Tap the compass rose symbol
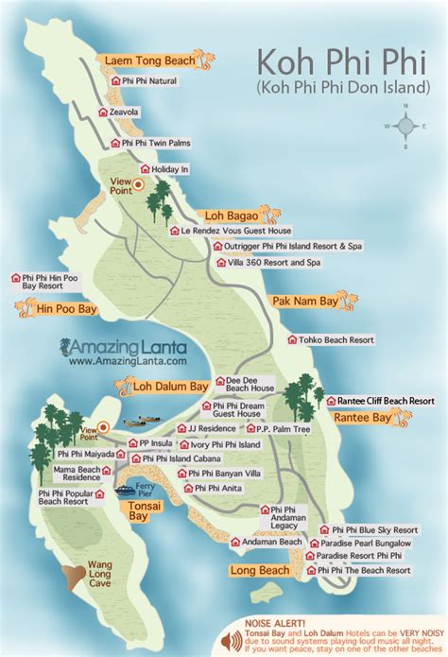coord(405,125)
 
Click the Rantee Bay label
coord(357,417)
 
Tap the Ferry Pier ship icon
coord(126,489)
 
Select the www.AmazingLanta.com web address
coord(127,360)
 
